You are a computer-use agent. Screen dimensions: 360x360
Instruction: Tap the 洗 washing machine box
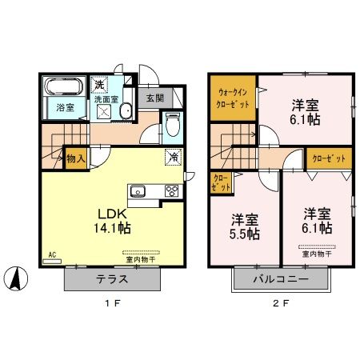click(100, 84)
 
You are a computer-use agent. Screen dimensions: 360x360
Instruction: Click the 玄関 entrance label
click(155, 98)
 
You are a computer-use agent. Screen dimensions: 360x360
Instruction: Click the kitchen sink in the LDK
click(137, 190)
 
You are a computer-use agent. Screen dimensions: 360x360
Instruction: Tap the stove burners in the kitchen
click(170, 190)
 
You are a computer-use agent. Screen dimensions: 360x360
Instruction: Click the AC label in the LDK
click(50, 255)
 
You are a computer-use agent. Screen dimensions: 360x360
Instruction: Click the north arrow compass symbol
click(17, 279)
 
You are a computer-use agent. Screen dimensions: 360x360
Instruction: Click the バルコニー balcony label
click(281, 279)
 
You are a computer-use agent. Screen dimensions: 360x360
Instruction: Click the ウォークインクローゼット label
click(232, 98)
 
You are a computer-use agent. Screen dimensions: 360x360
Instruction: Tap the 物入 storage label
click(74, 158)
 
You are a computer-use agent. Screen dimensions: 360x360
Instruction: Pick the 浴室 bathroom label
click(64, 106)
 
